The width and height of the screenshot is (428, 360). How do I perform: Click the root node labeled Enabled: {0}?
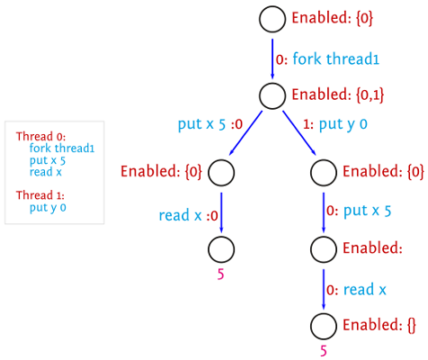point(272,19)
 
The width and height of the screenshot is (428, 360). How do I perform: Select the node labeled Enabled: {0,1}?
point(272,95)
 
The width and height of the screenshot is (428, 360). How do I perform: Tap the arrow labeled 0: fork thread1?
point(272,58)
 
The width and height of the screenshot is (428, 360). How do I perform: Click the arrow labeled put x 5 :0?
point(245,133)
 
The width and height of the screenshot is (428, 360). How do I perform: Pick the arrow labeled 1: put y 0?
point(299,133)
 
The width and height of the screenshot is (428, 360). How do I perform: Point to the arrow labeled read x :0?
point(221,212)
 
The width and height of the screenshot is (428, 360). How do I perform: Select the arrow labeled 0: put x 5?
point(324,212)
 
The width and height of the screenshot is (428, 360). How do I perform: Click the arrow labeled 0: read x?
point(324,289)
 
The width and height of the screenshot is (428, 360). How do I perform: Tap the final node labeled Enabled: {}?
point(324,326)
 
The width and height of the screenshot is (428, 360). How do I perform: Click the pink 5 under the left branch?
point(220,274)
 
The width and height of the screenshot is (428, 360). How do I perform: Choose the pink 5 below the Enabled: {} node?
point(324,351)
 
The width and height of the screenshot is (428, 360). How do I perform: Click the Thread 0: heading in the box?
point(40,137)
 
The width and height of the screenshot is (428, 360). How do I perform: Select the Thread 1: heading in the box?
point(40,195)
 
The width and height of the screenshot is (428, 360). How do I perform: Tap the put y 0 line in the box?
point(48,208)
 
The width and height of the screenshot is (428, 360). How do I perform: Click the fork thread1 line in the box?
point(62,148)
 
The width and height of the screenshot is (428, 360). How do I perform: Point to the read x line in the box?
point(46,172)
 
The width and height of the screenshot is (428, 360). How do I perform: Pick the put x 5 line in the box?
point(48,160)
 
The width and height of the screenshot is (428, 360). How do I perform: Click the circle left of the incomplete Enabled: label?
point(324,249)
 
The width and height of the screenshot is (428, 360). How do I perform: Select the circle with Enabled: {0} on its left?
point(221,173)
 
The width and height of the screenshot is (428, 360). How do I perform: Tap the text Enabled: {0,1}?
point(338,94)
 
